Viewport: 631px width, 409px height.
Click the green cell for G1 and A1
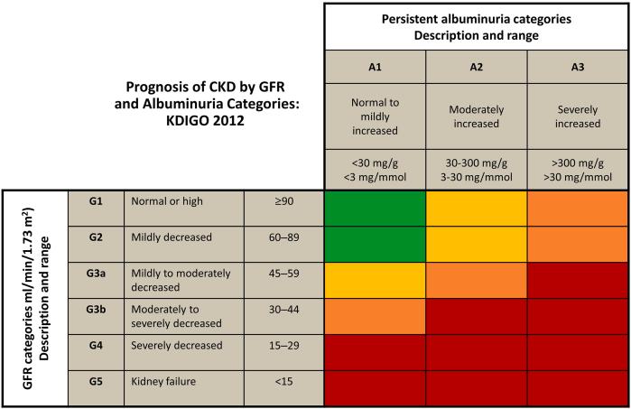tap(375, 208)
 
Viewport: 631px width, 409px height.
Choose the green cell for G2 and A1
tap(375, 244)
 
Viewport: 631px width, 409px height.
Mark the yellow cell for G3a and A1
tap(375, 280)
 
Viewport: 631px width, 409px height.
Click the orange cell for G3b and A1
tap(375, 316)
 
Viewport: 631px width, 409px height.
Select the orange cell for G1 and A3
tap(578, 208)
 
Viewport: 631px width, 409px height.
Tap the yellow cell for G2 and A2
tap(476, 244)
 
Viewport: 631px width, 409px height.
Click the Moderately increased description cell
tap(476, 113)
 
